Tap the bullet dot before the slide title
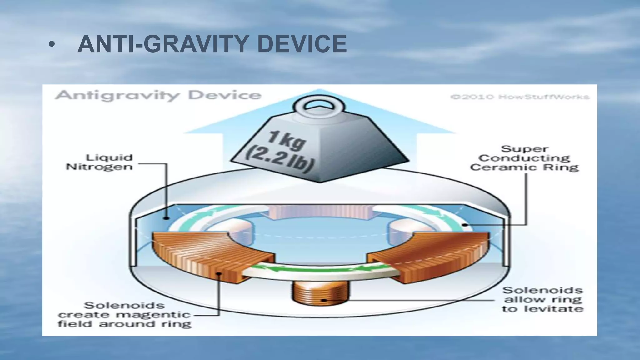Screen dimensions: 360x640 [51, 45]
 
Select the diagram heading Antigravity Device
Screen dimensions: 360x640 [158, 95]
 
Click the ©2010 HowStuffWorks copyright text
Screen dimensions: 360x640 [520, 97]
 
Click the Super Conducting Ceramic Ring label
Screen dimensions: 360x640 [524, 158]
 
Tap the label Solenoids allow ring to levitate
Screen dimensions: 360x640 [543, 300]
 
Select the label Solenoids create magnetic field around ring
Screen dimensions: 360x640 [124, 314]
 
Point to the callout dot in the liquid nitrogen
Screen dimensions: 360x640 [167, 218]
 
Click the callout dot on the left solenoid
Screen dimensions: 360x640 [219, 274]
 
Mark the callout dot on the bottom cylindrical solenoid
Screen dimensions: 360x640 [324, 300]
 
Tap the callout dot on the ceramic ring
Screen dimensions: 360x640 [465, 225]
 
